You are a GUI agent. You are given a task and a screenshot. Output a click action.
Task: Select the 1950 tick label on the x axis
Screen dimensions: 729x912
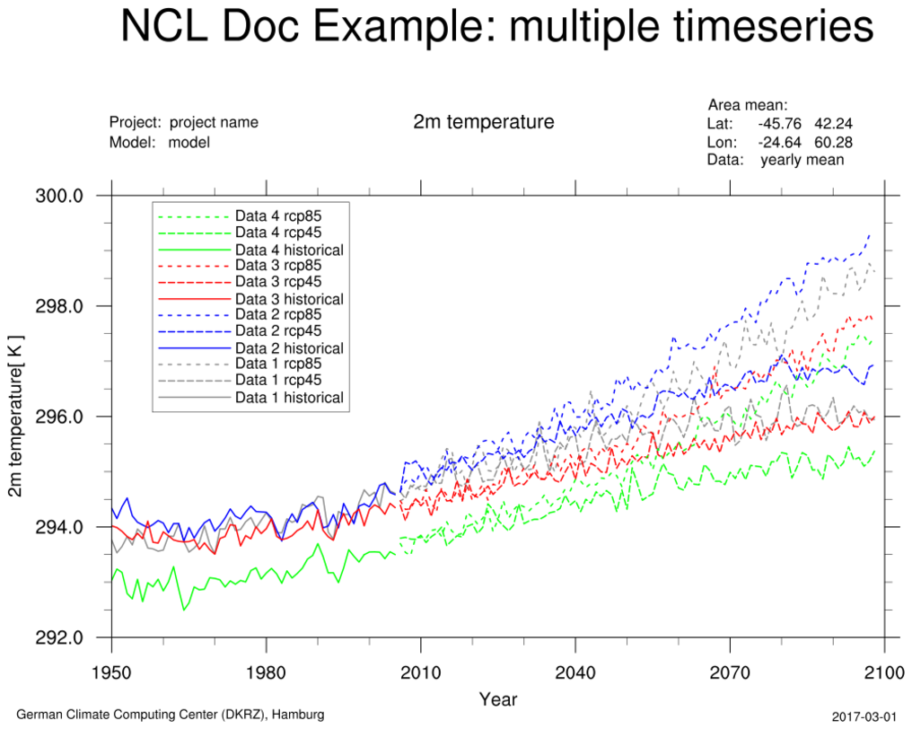111,672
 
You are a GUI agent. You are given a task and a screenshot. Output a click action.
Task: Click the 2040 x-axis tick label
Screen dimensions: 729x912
575,672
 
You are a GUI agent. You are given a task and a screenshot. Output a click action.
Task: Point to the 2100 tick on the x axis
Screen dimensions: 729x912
885,672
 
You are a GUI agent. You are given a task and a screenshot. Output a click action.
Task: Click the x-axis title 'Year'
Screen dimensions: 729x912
498,698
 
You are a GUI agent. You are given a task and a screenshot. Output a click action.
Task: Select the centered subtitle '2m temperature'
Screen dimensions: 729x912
484,121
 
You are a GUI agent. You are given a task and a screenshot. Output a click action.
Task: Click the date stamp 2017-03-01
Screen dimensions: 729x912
864,716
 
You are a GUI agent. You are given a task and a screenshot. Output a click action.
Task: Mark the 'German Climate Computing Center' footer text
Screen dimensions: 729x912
171,715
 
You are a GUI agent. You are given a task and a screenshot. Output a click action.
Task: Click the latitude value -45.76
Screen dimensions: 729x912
778,124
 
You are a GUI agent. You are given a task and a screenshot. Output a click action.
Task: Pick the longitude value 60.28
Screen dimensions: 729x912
833,142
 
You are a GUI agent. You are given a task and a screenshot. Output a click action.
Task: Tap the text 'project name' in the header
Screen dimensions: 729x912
214,123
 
